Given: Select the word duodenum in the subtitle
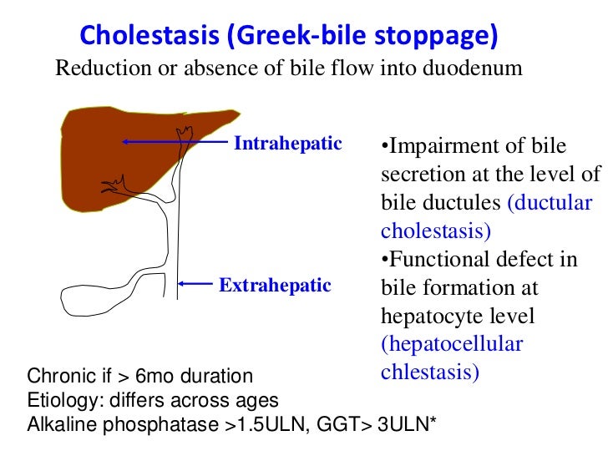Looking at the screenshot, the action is click(475, 68).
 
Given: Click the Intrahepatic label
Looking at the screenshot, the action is click(287, 144).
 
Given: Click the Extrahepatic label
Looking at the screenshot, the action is click(275, 286).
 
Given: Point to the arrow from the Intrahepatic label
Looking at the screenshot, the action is click(175, 143).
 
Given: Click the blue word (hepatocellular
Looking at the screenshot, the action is click(452, 344).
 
